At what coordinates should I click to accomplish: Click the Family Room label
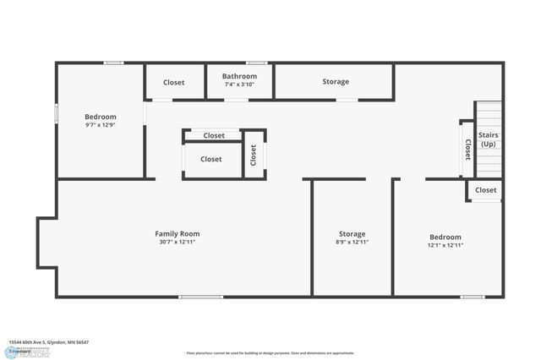tap(177, 233)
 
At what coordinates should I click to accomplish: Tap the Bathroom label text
tap(240, 76)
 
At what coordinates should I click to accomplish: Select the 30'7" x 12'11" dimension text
tap(177, 242)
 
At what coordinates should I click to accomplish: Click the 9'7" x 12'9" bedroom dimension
tap(100, 125)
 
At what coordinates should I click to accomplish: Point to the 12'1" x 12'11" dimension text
tap(445, 246)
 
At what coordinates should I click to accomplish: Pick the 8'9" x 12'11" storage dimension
tap(352, 243)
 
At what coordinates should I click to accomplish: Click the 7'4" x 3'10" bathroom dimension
tap(240, 85)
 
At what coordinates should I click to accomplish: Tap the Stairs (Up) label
tap(489, 139)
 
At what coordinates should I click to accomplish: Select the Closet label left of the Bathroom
tap(174, 82)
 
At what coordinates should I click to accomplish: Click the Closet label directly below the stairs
tap(486, 190)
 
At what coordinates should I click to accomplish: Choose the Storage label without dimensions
tap(336, 82)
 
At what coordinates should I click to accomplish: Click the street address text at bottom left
tap(48, 342)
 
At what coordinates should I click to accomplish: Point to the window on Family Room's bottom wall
tap(201, 297)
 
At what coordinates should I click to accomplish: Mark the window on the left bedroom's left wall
tap(57, 112)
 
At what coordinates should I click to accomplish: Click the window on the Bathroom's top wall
tap(257, 63)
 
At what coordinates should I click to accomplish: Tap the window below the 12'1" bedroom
tap(473, 297)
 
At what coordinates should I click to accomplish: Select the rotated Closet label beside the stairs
tap(467, 150)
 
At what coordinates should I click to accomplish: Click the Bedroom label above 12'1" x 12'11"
tap(445, 237)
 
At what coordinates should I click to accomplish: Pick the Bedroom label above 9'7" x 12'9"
tap(101, 117)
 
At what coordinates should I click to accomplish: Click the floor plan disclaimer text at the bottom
tap(270, 352)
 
